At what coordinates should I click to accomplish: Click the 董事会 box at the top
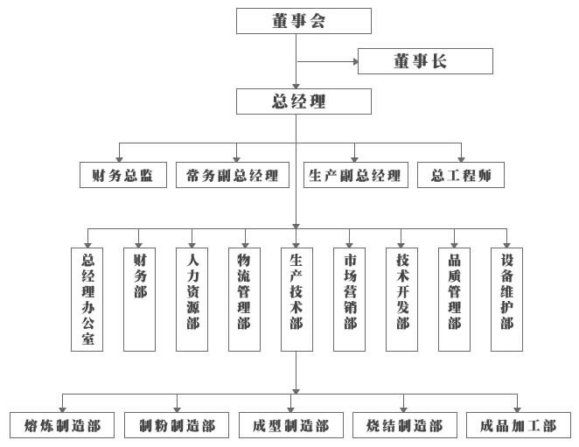pyautogui.click(x=297, y=21)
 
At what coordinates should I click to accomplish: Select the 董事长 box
pyautogui.click(x=426, y=61)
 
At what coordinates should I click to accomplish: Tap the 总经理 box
pyautogui.click(x=297, y=101)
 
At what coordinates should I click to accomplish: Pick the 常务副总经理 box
pyautogui.click(x=232, y=175)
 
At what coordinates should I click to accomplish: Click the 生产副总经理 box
pyautogui.click(x=355, y=175)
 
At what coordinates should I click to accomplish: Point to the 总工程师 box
pyautogui.click(x=461, y=175)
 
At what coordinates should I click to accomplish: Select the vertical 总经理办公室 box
pyautogui.click(x=87, y=298)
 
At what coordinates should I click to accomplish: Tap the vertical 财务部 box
pyautogui.click(x=139, y=298)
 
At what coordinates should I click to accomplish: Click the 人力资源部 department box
pyautogui.click(x=192, y=298)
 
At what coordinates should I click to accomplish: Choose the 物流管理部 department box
pyautogui.click(x=244, y=298)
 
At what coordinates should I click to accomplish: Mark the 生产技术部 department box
pyautogui.click(x=296, y=298)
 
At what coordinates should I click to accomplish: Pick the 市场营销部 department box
pyautogui.click(x=349, y=298)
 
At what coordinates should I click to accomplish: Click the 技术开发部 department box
pyautogui.click(x=401, y=298)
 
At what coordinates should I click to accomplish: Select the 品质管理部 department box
pyautogui.click(x=454, y=298)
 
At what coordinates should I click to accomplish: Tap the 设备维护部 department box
pyautogui.click(x=506, y=298)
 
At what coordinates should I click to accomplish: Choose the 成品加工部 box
pyautogui.click(x=519, y=426)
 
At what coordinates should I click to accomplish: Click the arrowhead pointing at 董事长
pyautogui.click(x=354, y=61)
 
